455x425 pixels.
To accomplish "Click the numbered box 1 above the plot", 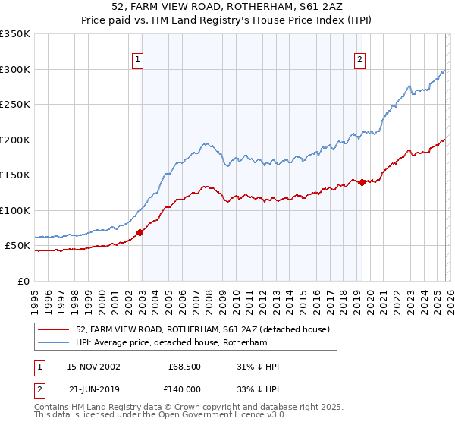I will click(137, 60).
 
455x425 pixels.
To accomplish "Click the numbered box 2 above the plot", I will click(359, 60).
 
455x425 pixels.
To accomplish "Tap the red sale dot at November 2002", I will click(140, 232).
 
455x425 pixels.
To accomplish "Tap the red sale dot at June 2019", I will click(362, 182).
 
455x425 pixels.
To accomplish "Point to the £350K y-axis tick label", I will click(15, 34).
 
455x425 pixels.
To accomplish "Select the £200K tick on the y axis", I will click(15, 140).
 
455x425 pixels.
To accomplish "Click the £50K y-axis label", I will click(17, 246).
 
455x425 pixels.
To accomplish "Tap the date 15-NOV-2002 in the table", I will click(93, 367).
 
